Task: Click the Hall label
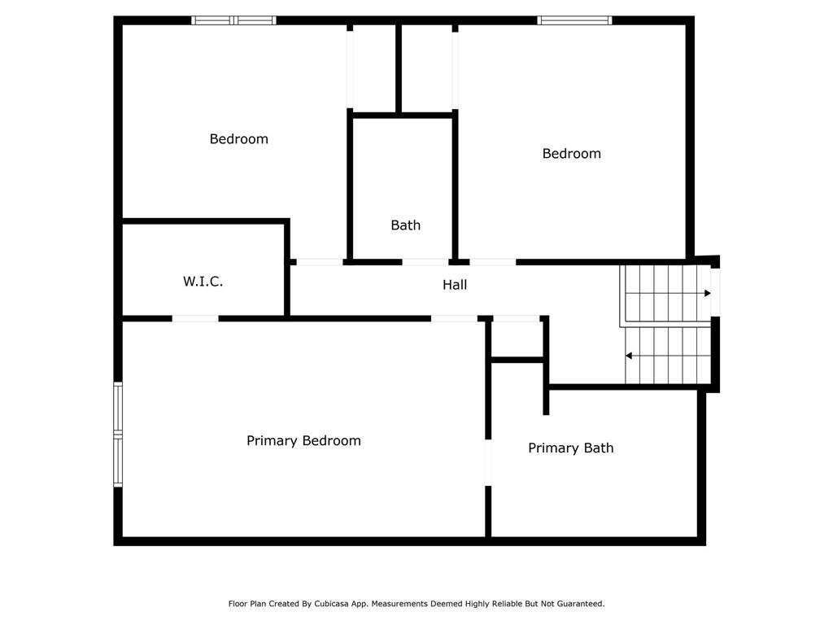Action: (455, 285)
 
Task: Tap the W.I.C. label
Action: (203, 282)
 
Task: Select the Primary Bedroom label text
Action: (303, 440)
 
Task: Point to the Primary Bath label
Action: (570, 448)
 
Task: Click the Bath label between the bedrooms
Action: (405, 225)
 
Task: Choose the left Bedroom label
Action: (238, 139)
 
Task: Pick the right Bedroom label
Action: (571, 154)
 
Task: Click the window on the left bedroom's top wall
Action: (233, 20)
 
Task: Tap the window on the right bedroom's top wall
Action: (574, 20)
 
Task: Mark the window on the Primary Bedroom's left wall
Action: (118, 435)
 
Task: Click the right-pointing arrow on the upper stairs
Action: (707, 293)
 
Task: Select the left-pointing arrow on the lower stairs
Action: (629, 356)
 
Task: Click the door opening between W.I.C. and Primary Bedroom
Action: (195, 318)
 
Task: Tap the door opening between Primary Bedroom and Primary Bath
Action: (488, 462)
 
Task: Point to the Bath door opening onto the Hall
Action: (425, 262)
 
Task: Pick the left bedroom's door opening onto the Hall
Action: (319, 262)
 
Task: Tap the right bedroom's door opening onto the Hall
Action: (493, 262)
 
